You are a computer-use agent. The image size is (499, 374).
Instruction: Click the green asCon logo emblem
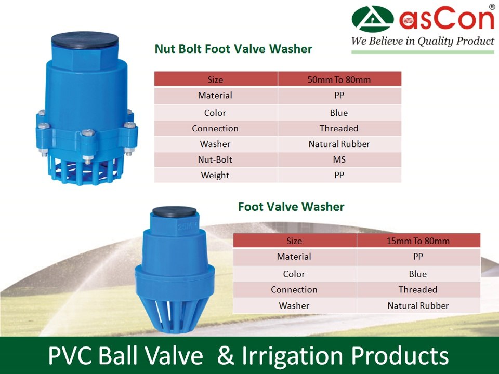(x=373, y=19)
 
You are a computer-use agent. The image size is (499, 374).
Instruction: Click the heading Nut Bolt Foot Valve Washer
(x=233, y=49)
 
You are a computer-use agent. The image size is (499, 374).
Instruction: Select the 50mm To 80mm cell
(x=339, y=79)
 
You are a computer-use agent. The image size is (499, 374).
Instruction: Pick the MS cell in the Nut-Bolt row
(x=339, y=159)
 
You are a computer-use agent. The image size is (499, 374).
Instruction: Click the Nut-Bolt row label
(x=215, y=159)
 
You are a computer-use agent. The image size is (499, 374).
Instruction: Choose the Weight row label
(x=215, y=176)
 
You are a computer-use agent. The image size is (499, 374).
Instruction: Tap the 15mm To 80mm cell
(x=418, y=241)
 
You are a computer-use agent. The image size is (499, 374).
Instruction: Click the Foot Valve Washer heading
(x=291, y=207)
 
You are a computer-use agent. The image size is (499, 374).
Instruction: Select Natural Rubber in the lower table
(x=418, y=305)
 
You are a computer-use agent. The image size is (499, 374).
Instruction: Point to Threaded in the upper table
(x=339, y=128)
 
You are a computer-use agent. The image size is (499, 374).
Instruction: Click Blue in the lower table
(x=418, y=274)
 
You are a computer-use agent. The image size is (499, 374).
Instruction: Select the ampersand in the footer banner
(x=224, y=356)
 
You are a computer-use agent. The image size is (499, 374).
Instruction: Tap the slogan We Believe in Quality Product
(x=423, y=41)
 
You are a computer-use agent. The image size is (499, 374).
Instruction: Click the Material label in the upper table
(x=215, y=96)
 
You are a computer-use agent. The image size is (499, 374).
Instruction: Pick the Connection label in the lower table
(x=294, y=289)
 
